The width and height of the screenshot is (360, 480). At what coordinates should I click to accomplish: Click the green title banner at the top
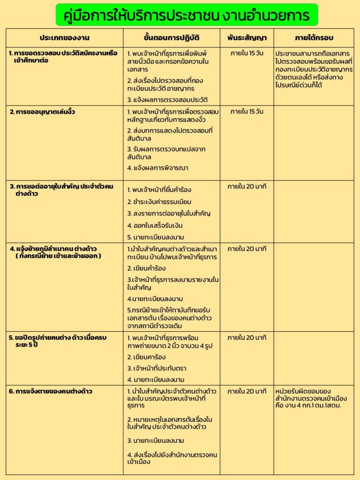coord(187,15)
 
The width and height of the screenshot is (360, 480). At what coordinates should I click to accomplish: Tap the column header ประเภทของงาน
coord(65,37)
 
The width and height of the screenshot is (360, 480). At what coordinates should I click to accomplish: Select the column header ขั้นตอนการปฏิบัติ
coord(172,37)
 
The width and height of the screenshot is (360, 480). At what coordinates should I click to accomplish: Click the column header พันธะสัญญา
coord(247,37)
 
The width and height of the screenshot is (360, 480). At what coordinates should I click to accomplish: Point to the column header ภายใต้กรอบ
coord(314,37)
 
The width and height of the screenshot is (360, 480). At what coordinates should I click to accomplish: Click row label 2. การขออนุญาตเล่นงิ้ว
coord(43,112)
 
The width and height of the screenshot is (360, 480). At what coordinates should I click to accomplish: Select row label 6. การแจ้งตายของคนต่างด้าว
coord(51,391)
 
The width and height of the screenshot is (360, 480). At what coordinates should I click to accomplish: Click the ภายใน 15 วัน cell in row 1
coord(247,53)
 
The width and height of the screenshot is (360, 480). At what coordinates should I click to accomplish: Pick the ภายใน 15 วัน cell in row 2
coord(247,112)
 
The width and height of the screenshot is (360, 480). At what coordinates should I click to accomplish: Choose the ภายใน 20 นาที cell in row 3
coord(247,187)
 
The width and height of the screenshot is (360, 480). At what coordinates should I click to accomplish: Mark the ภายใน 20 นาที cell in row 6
coord(247,391)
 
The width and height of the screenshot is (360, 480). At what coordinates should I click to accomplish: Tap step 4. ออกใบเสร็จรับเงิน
coord(155,225)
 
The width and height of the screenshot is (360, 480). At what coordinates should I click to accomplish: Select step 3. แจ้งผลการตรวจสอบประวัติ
coord(167,100)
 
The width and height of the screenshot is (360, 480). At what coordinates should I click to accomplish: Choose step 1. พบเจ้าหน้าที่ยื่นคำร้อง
coord(159,190)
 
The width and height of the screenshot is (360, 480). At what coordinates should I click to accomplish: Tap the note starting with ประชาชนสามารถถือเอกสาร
coord(315,69)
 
